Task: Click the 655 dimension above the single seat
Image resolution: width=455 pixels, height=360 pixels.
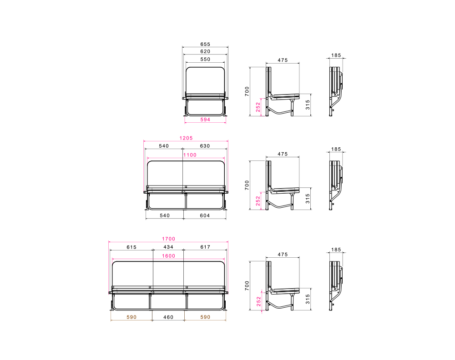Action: click(205, 45)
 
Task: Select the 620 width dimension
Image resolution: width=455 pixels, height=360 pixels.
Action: click(205, 52)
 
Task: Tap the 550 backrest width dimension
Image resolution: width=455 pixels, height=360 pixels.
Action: click(205, 60)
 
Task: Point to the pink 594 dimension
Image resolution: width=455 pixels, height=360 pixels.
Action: click(205, 120)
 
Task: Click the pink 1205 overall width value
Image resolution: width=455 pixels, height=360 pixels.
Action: click(186, 138)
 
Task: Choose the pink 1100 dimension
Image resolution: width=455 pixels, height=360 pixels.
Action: click(190, 155)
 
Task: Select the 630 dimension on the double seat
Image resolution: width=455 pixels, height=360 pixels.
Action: click(205, 146)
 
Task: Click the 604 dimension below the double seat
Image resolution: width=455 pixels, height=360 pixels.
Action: click(205, 215)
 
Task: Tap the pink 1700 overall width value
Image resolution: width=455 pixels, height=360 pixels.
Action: click(168, 239)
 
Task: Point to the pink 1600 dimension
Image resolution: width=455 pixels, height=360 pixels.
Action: click(169, 256)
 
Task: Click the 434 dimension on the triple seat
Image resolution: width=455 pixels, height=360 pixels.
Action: click(168, 247)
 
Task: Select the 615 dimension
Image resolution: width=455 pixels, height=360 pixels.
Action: click(131, 247)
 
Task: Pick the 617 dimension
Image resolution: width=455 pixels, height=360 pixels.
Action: click(205, 247)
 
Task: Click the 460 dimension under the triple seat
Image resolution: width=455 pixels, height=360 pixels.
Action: click(168, 317)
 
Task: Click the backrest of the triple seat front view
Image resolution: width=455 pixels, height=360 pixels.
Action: click(168, 273)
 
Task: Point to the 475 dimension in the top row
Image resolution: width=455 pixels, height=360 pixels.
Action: click(283, 60)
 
